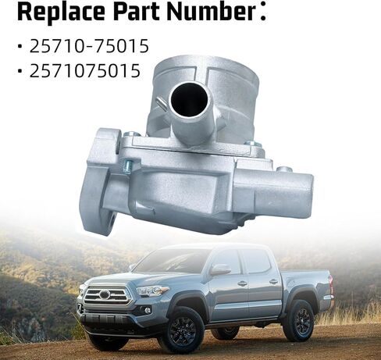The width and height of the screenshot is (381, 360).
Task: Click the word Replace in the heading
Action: click(x=61, y=12)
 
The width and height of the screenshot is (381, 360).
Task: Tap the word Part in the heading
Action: click(x=137, y=12)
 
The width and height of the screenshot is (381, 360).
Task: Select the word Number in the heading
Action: click(x=212, y=12)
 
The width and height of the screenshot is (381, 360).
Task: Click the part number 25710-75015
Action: click(x=89, y=46)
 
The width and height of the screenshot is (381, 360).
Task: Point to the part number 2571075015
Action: click(x=85, y=70)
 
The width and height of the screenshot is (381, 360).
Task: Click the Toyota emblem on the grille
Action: click(x=105, y=294)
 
